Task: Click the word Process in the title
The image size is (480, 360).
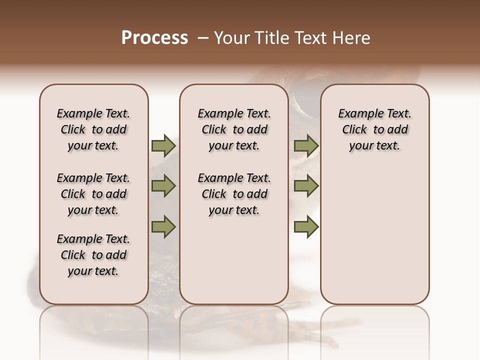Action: coord(154,38)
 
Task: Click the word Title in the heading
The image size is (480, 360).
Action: coord(269,38)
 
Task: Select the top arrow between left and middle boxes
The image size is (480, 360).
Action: coord(163,146)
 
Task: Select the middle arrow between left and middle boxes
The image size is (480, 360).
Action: coord(163,186)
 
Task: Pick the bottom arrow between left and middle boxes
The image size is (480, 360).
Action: coord(163,226)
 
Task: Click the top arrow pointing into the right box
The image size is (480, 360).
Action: coord(306,146)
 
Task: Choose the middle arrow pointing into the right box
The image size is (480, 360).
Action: coord(306,186)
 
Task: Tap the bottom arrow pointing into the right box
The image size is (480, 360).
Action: coord(306,226)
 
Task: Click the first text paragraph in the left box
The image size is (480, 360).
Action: coord(93,129)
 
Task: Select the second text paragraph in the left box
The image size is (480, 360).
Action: coord(93,194)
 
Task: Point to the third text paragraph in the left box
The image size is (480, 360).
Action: coord(93,255)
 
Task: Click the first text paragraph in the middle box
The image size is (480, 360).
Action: coord(234,129)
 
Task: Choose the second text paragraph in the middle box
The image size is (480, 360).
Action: coord(234,194)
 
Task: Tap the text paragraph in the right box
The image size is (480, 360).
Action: coord(375,129)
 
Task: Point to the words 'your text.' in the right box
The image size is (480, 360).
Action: coord(375,146)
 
